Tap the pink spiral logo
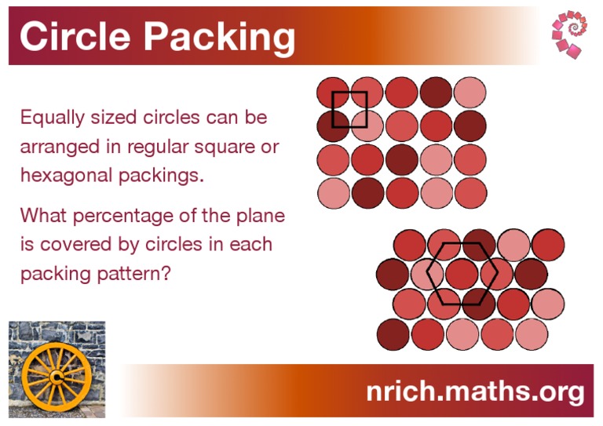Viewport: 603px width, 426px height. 571,35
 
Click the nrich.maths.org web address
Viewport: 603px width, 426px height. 475,391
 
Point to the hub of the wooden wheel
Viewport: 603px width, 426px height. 57,379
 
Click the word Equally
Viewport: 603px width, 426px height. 49,118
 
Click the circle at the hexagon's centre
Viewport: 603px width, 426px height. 462,273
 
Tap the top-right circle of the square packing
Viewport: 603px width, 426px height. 470,92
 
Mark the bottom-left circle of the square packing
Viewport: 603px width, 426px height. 333,193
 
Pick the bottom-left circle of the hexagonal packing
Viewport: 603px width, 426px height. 393,335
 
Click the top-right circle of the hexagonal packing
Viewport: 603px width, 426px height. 548,245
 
